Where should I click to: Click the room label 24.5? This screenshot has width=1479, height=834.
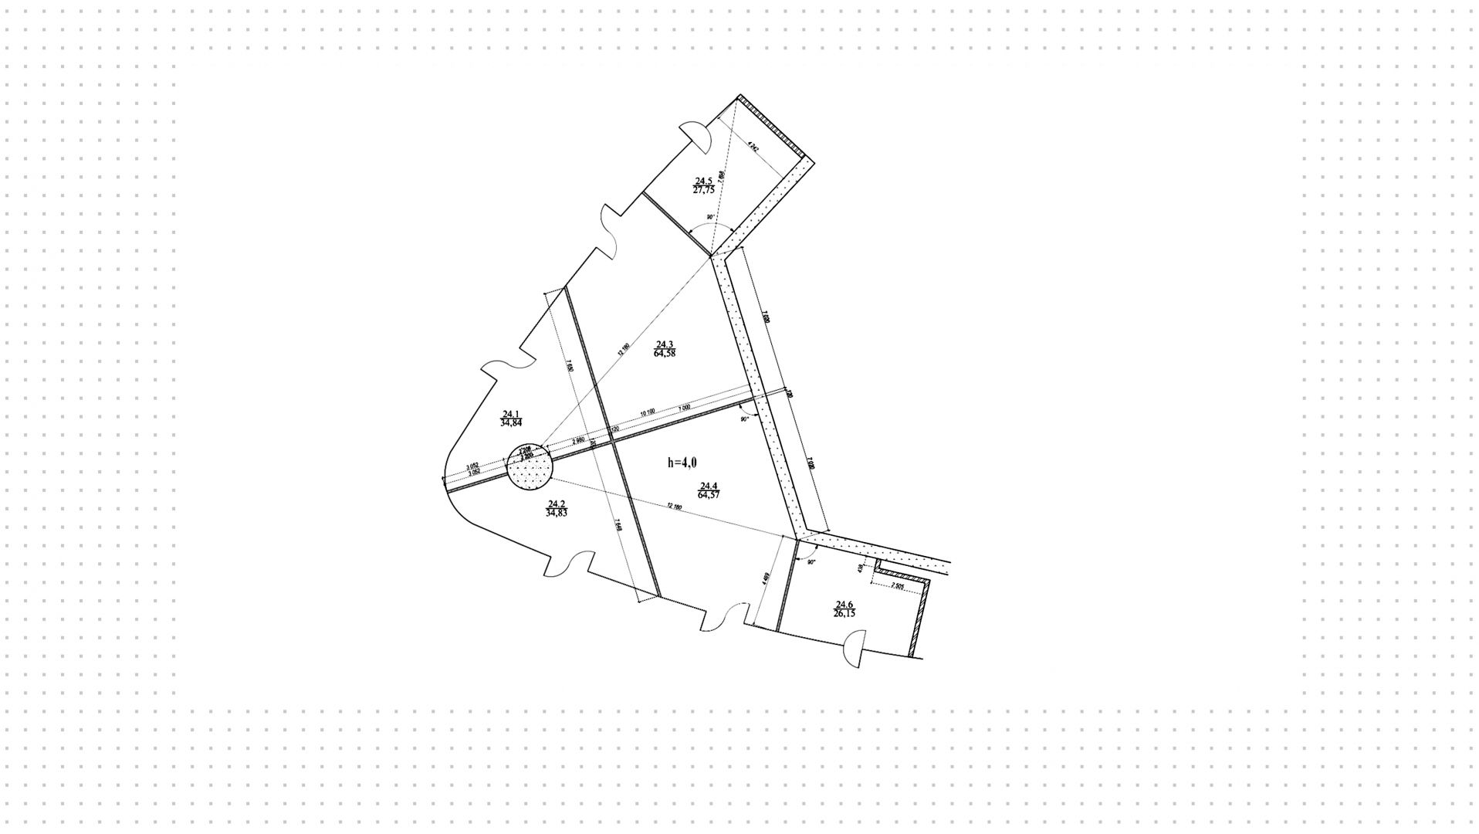(703, 181)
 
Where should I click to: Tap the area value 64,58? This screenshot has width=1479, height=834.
(665, 353)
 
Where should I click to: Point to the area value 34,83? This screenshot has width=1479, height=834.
(556, 512)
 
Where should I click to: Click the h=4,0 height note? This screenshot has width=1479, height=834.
(682, 463)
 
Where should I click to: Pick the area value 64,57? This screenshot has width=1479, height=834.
(709, 495)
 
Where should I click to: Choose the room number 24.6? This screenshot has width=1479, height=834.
(843, 605)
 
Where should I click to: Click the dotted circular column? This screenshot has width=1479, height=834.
(530, 468)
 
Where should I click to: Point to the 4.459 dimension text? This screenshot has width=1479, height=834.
(765, 581)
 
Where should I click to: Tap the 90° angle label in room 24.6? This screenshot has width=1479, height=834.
(811, 562)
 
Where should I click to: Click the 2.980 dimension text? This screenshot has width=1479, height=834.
(577, 441)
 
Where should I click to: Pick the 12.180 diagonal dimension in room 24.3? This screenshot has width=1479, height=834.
(624, 348)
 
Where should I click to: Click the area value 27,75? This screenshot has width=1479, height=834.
(703, 189)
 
